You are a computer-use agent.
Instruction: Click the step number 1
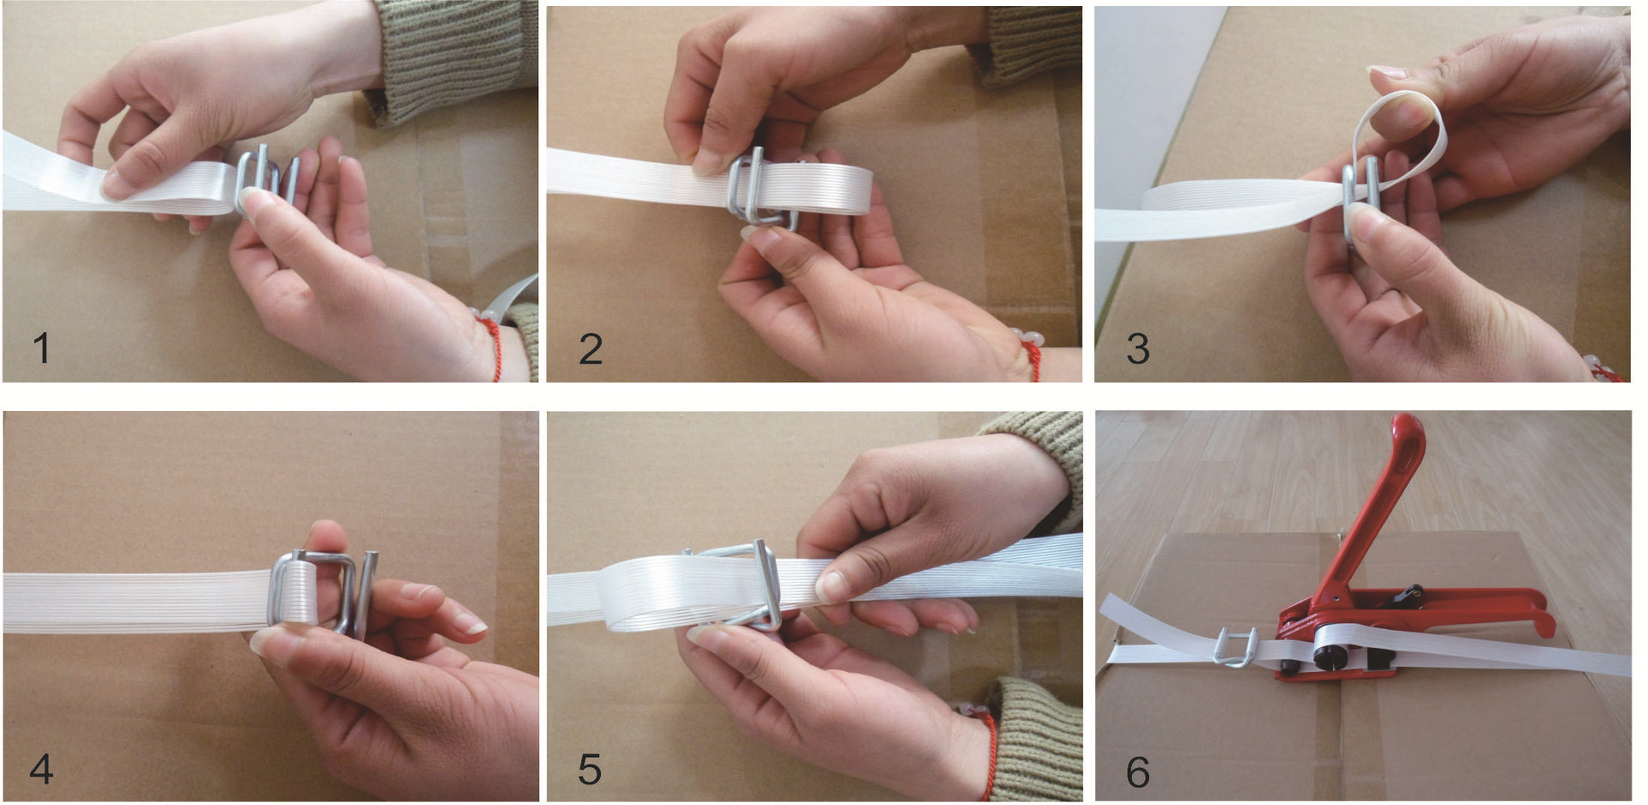pos(40,348)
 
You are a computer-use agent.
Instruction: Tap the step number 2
pos(591,348)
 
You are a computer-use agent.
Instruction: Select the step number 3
pos(1138,348)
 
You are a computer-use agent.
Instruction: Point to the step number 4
pos(41,769)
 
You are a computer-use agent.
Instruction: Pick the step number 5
pos(590,769)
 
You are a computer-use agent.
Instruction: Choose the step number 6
pos(1138,772)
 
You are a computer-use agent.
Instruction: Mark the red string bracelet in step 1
pos(494,343)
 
